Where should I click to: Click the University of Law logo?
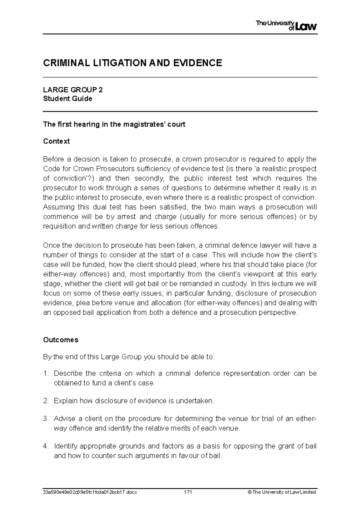[286, 25]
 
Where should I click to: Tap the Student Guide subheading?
[67, 99]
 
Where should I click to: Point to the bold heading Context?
[56, 141]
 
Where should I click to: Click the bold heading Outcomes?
[61, 340]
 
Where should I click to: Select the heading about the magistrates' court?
[114, 124]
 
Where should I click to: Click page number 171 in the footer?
[188, 492]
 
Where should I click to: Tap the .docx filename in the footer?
[90, 492]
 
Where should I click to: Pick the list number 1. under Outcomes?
[46, 374]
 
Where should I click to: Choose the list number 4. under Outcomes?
[46, 446]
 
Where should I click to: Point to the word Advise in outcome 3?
[63, 419]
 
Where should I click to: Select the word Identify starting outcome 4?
[65, 446]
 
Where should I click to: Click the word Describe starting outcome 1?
[68, 374]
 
